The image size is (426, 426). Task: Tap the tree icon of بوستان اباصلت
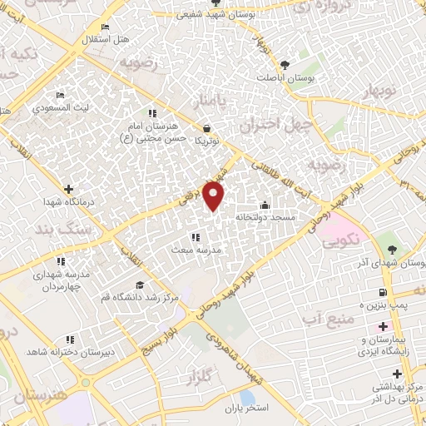(285, 64)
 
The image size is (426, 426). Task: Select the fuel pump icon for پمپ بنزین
(383, 292)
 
